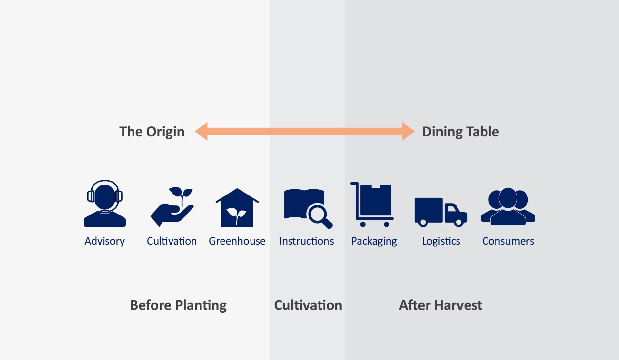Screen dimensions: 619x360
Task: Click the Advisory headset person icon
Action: pos(104,204)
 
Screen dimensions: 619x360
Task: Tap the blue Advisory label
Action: pos(104,241)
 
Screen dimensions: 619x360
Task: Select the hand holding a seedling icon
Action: pos(172,207)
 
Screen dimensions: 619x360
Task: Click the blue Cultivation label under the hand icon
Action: pos(172,241)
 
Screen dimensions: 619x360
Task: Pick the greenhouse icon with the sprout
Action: pos(237,208)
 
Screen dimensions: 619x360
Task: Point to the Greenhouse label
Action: pos(237,241)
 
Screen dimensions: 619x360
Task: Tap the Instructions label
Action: pos(307,241)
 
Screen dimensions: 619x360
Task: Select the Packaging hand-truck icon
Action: pos(372,205)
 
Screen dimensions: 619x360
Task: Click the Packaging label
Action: pos(374,241)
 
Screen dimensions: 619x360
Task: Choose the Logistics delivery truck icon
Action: pos(441,212)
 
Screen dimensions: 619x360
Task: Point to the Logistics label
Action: pos(441,241)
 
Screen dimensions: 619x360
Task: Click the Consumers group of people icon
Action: pos(508,207)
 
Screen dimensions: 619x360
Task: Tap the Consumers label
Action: pos(508,241)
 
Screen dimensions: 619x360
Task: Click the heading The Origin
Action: pos(152,132)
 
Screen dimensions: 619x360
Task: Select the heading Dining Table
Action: pos(461,132)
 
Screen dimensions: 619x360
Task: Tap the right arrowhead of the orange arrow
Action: pos(408,131)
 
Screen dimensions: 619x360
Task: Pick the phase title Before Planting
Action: pos(178,305)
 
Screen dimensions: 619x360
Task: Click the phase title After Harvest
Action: pos(441,305)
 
